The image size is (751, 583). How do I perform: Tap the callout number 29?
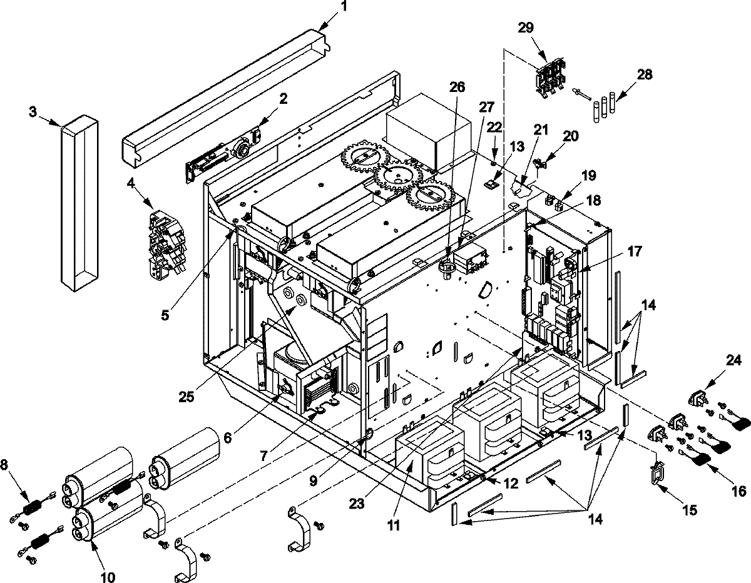(526, 28)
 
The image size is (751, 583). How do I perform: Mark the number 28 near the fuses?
(644, 74)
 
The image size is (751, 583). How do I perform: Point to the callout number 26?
(457, 87)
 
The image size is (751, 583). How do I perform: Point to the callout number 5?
(165, 317)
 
